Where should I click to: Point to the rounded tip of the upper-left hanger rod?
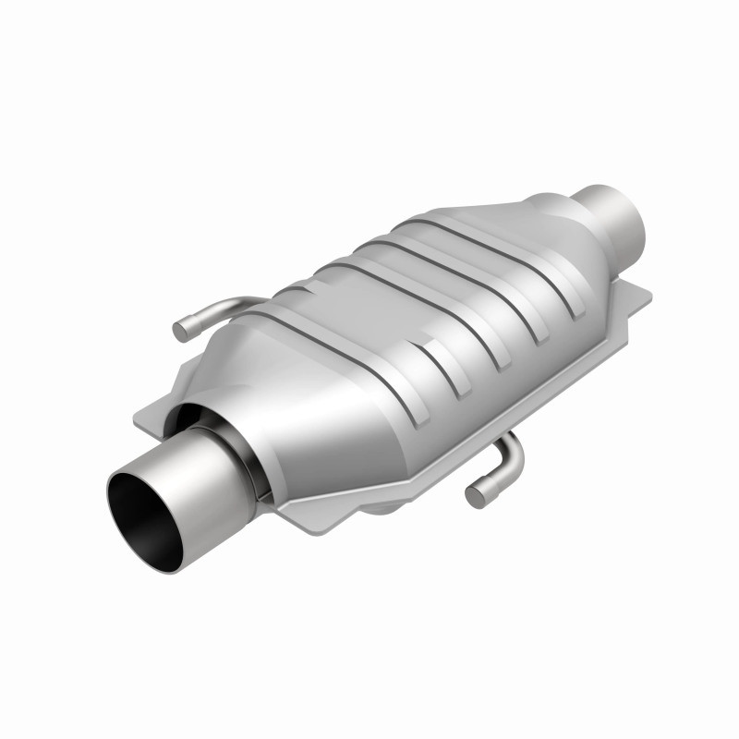tap(181, 330)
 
